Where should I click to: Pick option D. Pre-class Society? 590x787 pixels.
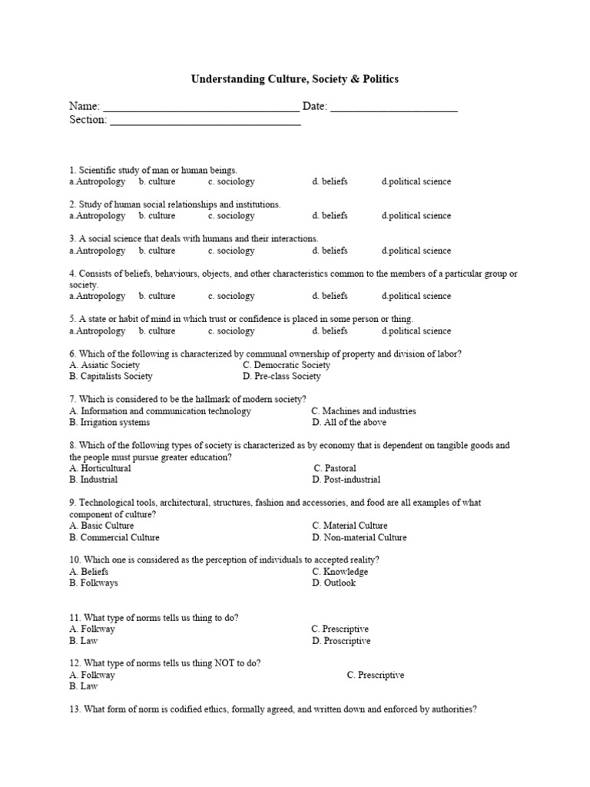tap(282, 377)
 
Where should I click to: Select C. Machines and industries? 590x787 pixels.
tap(364, 411)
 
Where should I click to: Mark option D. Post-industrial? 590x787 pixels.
tap(346, 480)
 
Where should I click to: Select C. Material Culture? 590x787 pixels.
tap(350, 526)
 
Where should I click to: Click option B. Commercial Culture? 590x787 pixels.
tap(114, 537)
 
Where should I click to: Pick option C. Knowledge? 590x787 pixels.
tap(340, 572)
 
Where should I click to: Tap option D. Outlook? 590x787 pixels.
tap(334, 583)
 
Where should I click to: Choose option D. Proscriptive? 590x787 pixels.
tap(341, 641)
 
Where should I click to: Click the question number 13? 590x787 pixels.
tap(74, 710)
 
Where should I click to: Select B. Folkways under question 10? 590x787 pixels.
tap(94, 583)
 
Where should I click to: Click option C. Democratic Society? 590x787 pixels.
tap(287, 365)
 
